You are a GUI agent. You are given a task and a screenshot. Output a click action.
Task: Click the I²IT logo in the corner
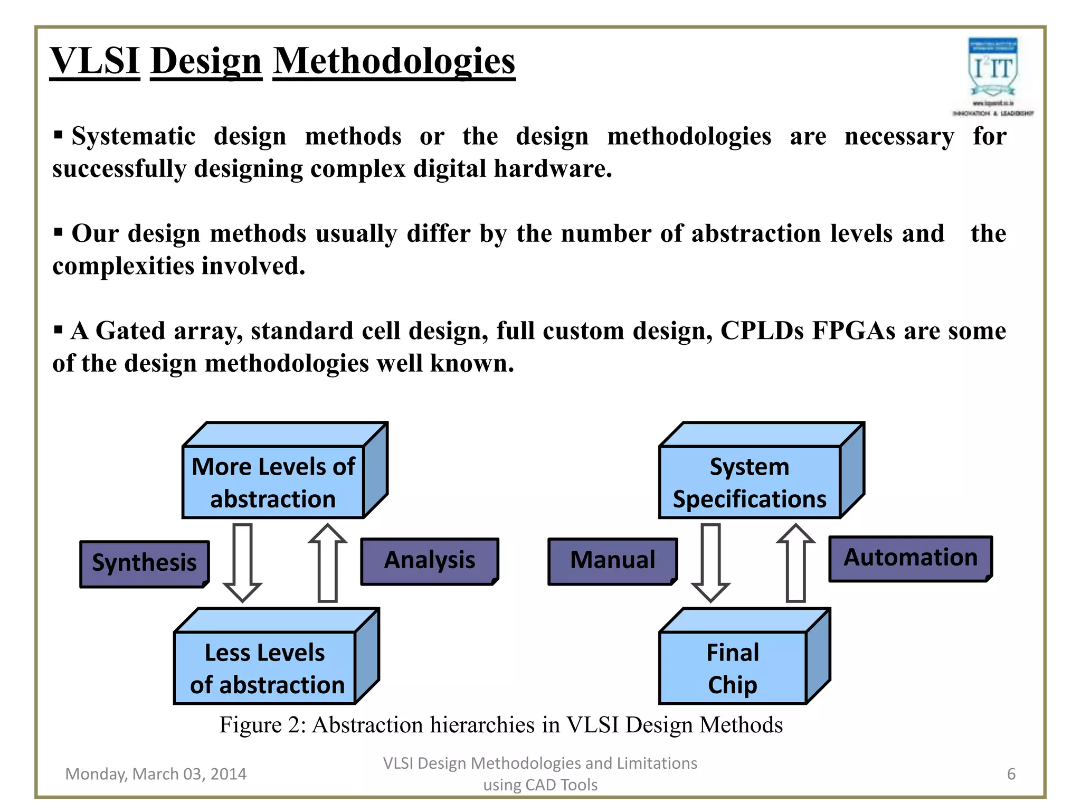coord(992,74)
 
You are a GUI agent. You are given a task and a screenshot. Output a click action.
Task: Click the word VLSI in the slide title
coord(95,61)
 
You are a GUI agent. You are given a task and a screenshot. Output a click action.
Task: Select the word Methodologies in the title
coord(394,61)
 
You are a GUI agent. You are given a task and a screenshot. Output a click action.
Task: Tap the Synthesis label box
coord(144,563)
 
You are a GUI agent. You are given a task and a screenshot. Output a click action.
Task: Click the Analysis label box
coord(429,561)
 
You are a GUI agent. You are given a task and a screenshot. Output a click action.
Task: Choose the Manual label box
coord(612,561)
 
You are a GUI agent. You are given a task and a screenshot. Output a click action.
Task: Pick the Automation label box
coord(910,558)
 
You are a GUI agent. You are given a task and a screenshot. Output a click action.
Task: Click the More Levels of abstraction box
coord(273,482)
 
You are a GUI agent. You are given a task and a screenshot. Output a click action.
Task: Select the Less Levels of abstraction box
coord(265,668)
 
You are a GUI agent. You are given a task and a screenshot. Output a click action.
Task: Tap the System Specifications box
coord(750,482)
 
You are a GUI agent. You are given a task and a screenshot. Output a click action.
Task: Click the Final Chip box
coord(733,668)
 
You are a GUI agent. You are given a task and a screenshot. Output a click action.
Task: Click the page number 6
coord(1011,774)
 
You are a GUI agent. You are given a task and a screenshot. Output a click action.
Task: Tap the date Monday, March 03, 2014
coord(156,774)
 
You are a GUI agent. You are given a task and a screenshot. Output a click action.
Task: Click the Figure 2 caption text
coord(500,725)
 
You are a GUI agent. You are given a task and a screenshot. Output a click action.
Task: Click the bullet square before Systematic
coord(59,135)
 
